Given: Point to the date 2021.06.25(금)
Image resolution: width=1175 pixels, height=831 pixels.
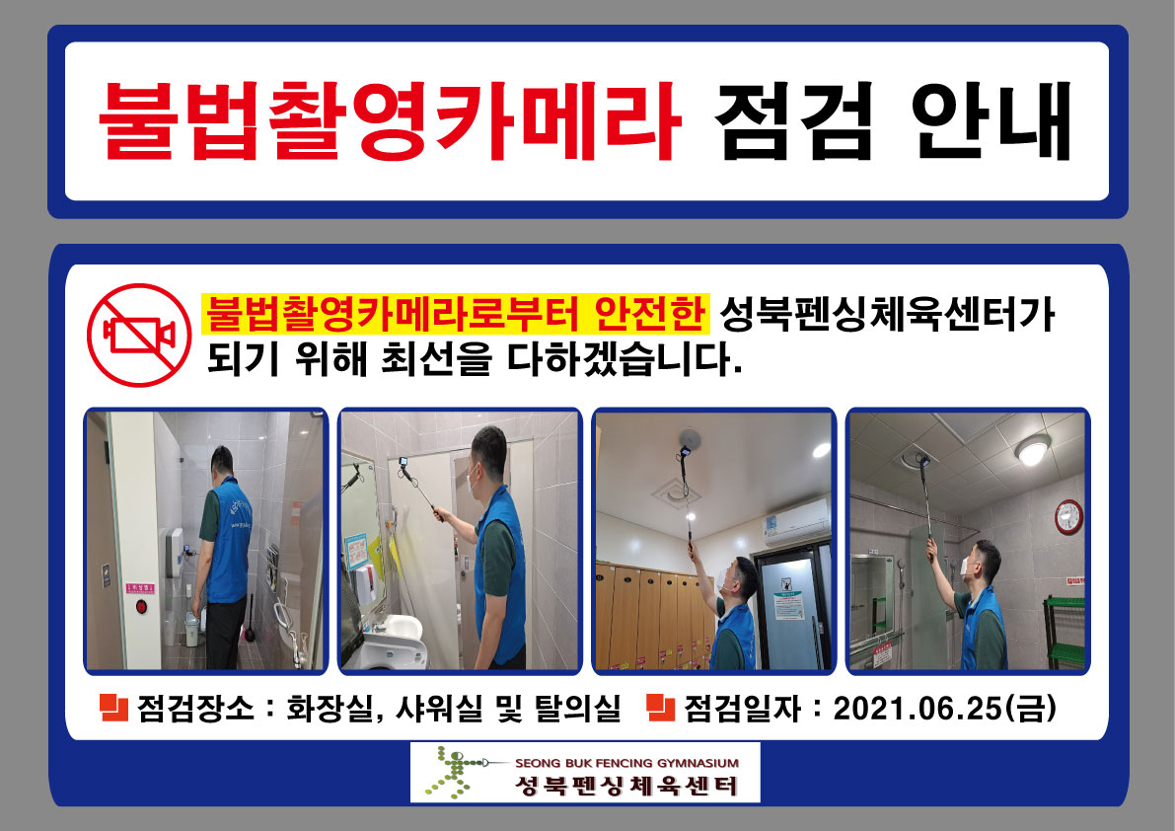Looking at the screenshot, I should tap(944, 708).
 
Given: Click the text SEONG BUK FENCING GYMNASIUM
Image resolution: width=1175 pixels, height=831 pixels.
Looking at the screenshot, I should tap(627, 763).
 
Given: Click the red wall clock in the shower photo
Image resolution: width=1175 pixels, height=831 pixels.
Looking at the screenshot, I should tap(1069, 516).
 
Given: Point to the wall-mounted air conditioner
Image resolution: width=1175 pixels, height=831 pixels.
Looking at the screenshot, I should tap(796, 520).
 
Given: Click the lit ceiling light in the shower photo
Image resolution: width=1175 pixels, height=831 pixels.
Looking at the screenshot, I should tap(1032, 451).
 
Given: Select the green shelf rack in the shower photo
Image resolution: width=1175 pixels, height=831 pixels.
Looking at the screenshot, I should tap(1066, 632).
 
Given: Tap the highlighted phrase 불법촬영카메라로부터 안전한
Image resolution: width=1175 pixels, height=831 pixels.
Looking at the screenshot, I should tap(456, 314).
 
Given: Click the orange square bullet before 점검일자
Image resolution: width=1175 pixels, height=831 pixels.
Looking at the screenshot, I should tap(659, 707).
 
